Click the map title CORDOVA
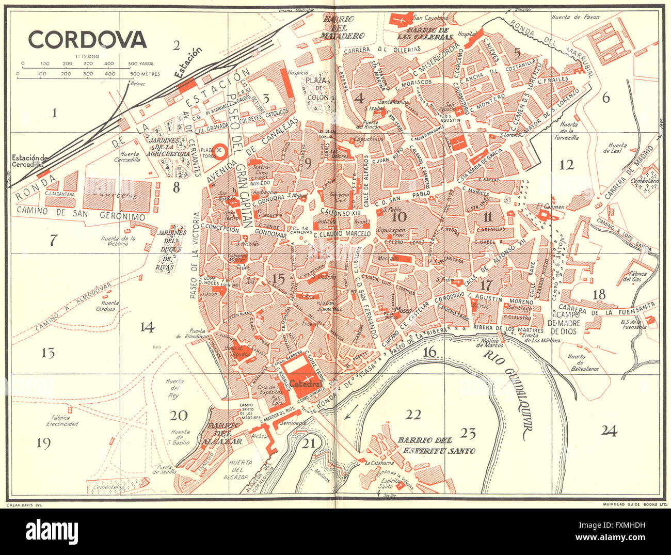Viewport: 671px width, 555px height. click(x=87, y=39)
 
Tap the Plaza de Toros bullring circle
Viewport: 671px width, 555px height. click(x=220, y=151)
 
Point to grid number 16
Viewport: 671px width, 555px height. click(x=429, y=352)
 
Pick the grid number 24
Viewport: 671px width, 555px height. click(x=609, y=431)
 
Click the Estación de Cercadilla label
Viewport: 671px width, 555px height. click(x=30, y=161)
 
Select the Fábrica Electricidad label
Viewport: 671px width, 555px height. click(x=61, y=420)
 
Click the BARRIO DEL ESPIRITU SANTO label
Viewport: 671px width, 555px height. click(x=436, y=445)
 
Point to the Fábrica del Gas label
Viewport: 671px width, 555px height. click(x=635, y=276)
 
